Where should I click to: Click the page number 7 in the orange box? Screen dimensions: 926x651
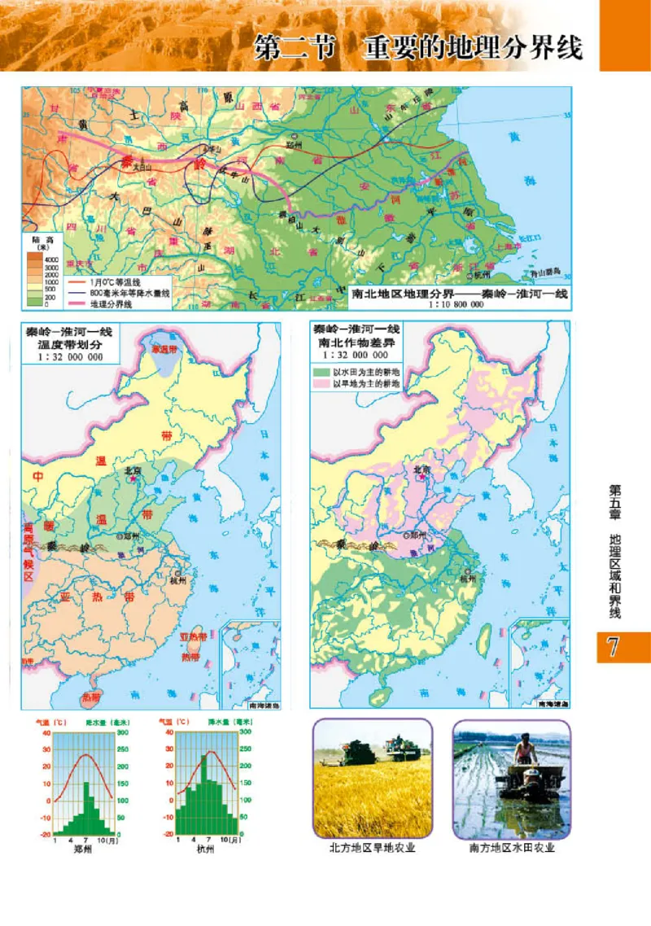tap(614, 648)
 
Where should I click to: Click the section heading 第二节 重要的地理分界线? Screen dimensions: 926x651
tap(418, 47)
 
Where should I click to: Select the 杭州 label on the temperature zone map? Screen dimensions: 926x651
tap(178, 581)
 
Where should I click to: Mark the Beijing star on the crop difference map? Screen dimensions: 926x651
tap(421, 480)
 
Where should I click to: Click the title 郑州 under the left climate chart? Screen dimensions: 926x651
tap(82, 849)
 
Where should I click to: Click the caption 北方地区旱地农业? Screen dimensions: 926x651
tap(372, 848)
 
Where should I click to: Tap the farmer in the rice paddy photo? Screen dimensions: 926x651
tap(526, 749)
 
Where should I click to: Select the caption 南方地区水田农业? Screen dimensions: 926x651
tap(512, 848)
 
